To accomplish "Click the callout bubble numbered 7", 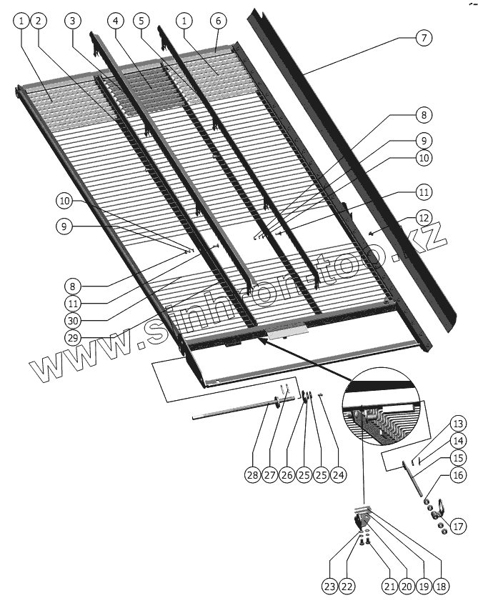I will click(424, 37).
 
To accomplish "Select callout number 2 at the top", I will click(39, 21).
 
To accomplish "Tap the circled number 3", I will click(72, 21).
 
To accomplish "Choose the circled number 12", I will click(424, 217).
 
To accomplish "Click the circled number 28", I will click(252, 475).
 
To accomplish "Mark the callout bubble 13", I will click(458, 422).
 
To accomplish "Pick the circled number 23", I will click(328, 587).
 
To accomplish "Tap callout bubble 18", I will click(442, 587).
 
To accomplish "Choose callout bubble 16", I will click(458, 475).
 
